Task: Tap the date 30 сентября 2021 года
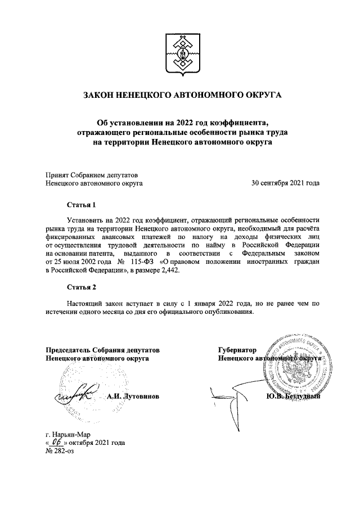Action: click(x=285, y=183)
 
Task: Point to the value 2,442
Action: click(x=172, y=271)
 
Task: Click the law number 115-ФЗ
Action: click(x=144, y=262)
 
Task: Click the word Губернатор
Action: click(x=237, y=349)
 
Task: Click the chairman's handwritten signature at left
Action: click(x=76, y=394)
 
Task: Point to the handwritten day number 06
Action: click(x=56, y=442)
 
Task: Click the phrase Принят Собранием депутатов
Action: click(x=91, y=174)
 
